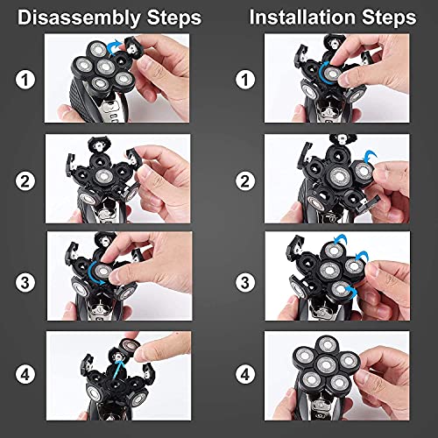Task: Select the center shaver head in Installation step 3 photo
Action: (x=328, y=267)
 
